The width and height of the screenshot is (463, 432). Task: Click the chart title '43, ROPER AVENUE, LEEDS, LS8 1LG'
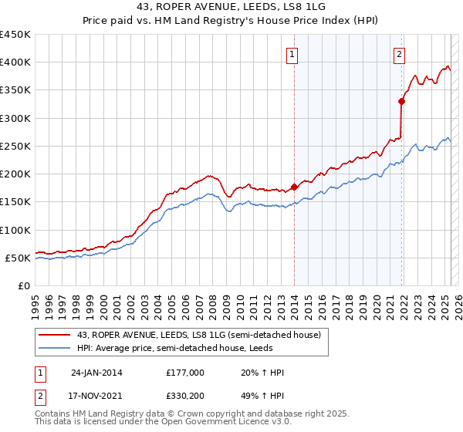coord(231,8)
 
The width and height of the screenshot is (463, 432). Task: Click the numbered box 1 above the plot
coord(293,54)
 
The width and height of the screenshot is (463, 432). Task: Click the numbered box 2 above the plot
coord(399,54)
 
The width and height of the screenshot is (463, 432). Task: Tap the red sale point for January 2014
coord(295,187)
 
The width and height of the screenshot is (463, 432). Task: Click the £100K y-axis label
coord(15,230)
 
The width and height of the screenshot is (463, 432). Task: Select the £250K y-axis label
coord(15,146)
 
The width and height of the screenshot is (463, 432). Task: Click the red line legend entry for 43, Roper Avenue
coord(192,335)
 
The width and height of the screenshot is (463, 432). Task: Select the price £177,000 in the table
coord(185,373)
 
